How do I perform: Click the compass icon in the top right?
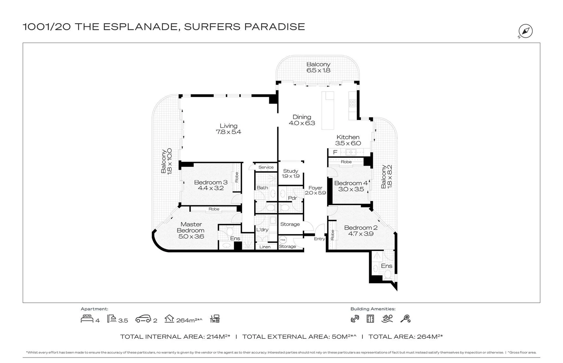(525, 31)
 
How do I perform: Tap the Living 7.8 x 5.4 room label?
(229, 129)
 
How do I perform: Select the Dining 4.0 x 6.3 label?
(302, 120)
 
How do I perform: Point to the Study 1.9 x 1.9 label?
(290, 173)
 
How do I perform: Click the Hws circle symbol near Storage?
(283, 240)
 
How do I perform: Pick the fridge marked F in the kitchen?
(335, 152)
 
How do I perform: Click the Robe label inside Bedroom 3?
(237, 177)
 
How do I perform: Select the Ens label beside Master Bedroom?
(235, 238)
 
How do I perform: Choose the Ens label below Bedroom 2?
(387, 266)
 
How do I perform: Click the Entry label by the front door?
(319, 239)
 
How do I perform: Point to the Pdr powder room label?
(292, 198)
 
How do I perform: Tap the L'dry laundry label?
(262, 230)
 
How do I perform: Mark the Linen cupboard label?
(265, 247)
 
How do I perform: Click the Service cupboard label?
(266, 167)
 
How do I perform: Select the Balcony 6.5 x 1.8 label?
(318, 67)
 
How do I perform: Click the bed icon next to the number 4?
(87, 319)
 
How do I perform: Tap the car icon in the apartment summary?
(143, 319)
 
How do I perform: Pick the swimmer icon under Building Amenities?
(387, 319)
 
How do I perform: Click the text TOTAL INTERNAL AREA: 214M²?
(175, 336)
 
